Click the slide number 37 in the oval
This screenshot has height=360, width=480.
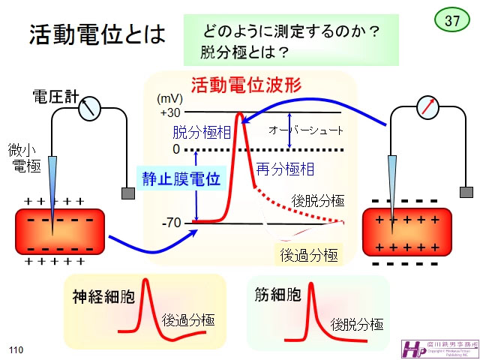(453, 20)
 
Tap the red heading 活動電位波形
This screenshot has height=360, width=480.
(246, 85)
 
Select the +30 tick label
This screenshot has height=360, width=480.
(169, 112)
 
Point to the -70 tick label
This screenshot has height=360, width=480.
(171, 223)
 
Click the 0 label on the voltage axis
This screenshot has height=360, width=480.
(175, 149)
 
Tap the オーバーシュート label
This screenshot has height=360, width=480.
(306, 130)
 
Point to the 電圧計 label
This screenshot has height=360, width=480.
(54, 97)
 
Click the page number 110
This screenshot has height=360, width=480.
(16, 349)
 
